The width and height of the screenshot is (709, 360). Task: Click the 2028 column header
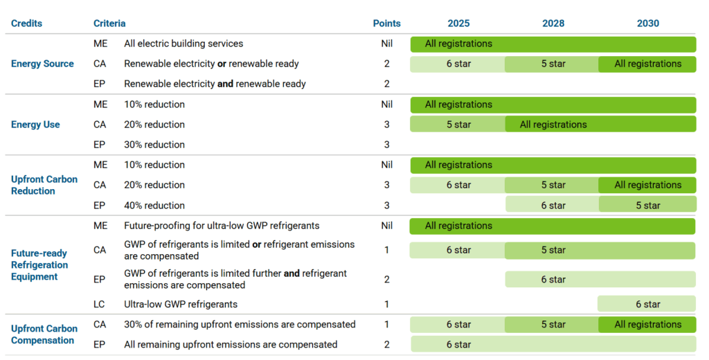553,23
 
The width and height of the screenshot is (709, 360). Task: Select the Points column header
386,23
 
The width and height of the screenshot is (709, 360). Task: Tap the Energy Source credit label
42,64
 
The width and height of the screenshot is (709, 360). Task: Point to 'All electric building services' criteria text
183,44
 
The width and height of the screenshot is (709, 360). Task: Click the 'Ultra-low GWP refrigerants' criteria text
181,304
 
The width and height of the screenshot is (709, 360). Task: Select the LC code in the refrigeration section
100,304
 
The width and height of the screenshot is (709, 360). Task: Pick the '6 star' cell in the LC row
647,304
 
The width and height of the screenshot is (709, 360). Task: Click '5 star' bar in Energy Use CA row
458,125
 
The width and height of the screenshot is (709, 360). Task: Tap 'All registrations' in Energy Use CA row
553,125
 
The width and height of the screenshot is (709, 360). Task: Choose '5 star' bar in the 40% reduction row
647,205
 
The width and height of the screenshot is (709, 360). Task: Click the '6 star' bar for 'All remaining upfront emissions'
458,345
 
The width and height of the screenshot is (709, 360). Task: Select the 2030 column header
647,23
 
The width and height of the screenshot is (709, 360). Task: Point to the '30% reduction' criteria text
154,145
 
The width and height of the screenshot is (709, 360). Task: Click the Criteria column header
109,23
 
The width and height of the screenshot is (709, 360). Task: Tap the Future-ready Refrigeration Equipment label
39,265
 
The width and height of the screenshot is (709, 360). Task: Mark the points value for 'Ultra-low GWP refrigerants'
386,304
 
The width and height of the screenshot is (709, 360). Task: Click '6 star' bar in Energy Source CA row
458,64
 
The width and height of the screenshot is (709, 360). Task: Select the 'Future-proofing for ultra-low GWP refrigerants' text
222,226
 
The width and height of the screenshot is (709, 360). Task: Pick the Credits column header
26,23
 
